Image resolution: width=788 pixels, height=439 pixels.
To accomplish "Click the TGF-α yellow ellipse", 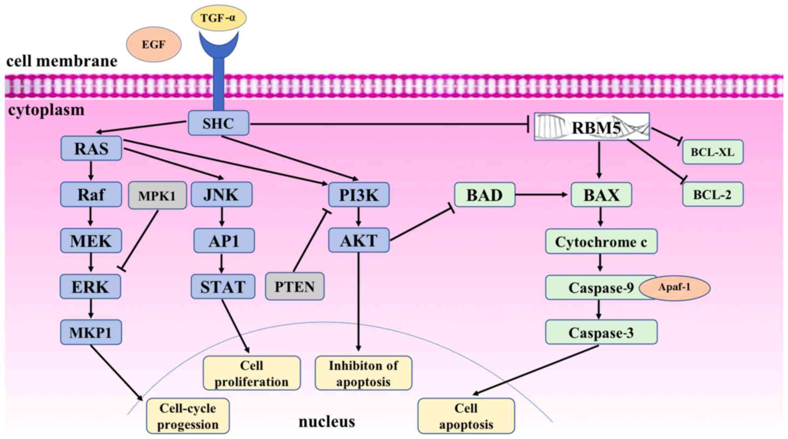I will pyautogui.click(x=219, y=18).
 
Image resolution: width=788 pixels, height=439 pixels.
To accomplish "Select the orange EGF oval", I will pyautogui.click(x=153, y=45).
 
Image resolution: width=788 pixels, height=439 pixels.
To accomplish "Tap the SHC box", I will pyautogui.click(x=218, y=123).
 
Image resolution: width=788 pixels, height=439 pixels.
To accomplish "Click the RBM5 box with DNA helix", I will pyautogui.click(x=592, y=127).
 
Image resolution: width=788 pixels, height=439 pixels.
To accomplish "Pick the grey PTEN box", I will pyautogui.click(x=294, y=287).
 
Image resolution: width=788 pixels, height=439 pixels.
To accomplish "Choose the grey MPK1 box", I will pyautogui.click(x=157, y=195).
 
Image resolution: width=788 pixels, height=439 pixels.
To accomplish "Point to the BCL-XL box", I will pyautogui.click(x=712, y=152).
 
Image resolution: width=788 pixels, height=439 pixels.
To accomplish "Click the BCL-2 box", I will pyautogui.click(x=712, y=194).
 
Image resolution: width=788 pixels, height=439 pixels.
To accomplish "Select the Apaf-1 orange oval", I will pyautogui.click(x=674, y=287).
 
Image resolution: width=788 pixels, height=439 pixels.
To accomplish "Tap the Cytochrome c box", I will pyautogui.click(x=601, y=242).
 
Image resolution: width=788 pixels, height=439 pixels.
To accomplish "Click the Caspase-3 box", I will pyautogui.click(x=601, y=332).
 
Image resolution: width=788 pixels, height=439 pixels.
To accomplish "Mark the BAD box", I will pyautogui.click(x=484, y=195).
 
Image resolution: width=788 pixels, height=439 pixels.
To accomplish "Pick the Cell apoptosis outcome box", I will pyautogui.click(x=466, y=416).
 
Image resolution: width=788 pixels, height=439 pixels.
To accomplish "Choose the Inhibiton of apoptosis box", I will pyautogui.click(x=363, y=373).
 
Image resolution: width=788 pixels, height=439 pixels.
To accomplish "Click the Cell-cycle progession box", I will pyautogui.click(x=188, y=416).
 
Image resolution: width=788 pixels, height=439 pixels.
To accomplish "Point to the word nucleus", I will pyautogui.click(x=327, y=422).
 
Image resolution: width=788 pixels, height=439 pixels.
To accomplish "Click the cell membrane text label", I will pyautogui.click(x=62, y=61).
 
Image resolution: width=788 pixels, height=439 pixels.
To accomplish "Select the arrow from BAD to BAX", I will pyautogui.click(x=542, y=194).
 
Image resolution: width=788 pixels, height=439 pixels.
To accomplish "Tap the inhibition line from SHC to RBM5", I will pyautogui.click(x=389, y=124).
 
